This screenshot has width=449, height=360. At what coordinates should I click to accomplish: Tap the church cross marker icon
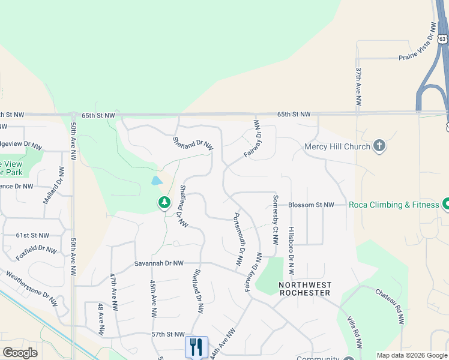379,146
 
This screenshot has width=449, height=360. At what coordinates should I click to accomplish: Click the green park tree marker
164,203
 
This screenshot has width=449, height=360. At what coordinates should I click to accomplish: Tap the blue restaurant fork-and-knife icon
196,347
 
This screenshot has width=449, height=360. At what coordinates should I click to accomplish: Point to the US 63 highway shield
442,39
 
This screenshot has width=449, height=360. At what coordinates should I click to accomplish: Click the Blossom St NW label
311,205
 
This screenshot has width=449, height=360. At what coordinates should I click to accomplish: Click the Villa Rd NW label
355,332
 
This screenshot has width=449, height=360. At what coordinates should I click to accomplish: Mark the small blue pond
157,180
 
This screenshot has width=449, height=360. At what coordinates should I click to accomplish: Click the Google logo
20,353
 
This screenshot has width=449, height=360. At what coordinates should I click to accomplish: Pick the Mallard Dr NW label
53,188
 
